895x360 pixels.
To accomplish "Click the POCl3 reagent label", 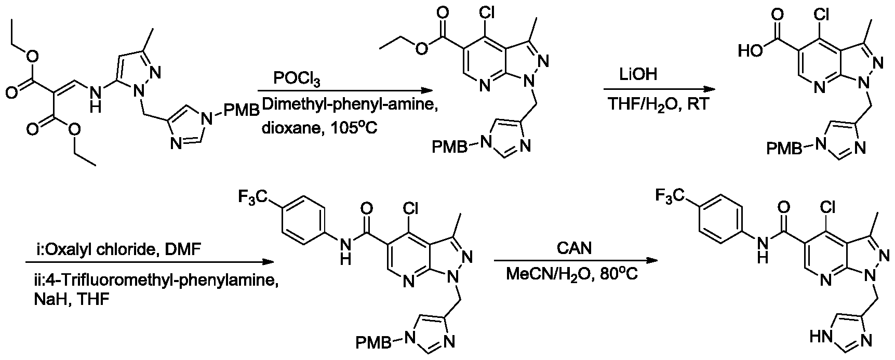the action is click(298, 80).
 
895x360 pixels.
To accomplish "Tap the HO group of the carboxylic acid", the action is click(750, 50).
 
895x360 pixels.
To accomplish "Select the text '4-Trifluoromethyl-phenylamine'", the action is click(148, 281).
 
